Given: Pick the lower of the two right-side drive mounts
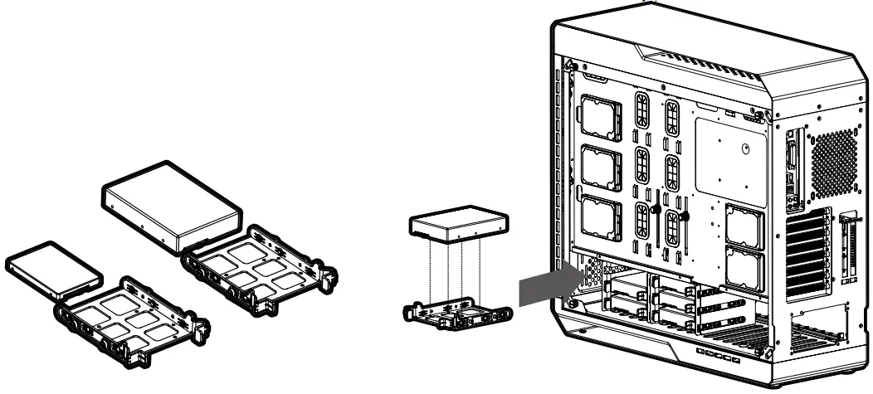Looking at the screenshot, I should (744, 267).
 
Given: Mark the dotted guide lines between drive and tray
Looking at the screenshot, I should (458, 270).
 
